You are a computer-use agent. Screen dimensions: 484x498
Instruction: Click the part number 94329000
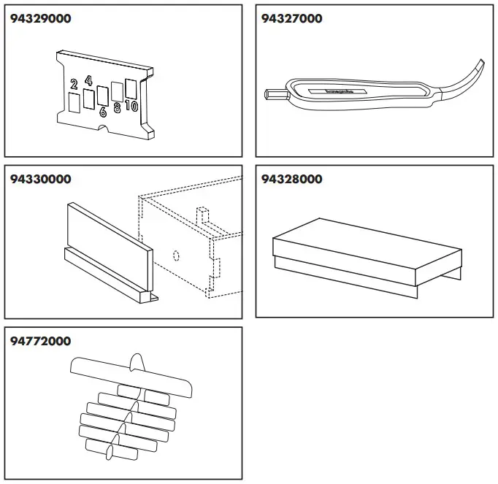pyautogui.click(x=41, y=19)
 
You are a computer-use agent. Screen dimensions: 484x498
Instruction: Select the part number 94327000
pyautogui.click(x=291, y=19)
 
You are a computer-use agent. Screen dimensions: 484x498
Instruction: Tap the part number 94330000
pyautogui.click(x=41, y=180)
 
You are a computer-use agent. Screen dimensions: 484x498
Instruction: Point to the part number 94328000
pyautogui.click(x=291, y=180)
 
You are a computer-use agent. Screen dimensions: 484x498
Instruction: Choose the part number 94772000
pyautogui.click(x=41, y=341)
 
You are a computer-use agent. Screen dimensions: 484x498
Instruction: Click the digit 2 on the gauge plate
pyautogui.click(x=74, y=85)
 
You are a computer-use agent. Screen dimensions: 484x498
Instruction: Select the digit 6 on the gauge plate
pyautogui.click(x=102, y=112)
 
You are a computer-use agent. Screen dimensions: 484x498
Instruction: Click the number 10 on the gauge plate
pyautogui.click(x=131, y=106)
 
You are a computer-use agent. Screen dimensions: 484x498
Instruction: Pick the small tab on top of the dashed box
pyautogui.click(x=204, y=215)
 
